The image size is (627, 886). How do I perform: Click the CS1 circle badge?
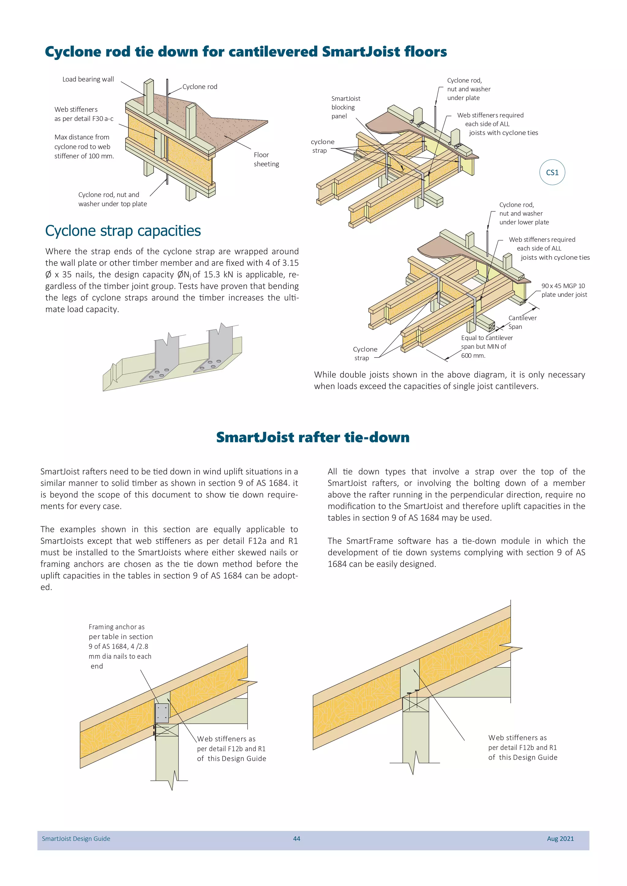coord(552,172)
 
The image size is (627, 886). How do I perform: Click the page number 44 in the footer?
coord(297,839)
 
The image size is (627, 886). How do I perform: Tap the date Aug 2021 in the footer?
coord(560,839)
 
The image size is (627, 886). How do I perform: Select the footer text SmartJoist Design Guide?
coord(76,839)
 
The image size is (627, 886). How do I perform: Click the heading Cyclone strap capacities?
coord(123,231)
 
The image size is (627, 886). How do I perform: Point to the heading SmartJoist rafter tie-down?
coord(313,437)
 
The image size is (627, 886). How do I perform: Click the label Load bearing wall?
coord(88,79)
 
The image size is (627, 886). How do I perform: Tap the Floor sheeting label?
coord(266,159)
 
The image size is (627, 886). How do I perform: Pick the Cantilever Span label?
coord(522,322)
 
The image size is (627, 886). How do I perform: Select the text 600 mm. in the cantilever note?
coord(473,356)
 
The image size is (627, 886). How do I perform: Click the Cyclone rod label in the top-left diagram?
coord(200,87)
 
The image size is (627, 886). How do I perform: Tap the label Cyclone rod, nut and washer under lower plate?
coord(524,214)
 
